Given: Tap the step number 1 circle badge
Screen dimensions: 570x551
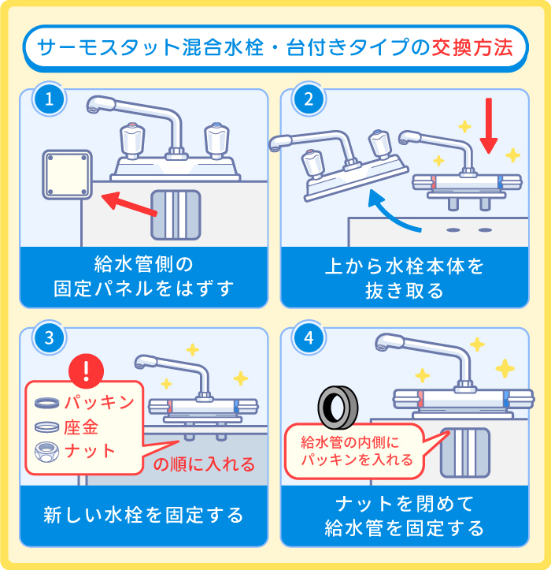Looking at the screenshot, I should [x=49, y=99].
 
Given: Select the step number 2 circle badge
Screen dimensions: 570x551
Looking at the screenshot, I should [x=309, y=99].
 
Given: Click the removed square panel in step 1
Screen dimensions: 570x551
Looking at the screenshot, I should [x=67, y=175].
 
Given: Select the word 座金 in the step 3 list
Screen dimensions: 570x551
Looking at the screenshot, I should [x=82, y=427].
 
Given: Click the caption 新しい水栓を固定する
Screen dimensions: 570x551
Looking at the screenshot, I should [x=143, y=515].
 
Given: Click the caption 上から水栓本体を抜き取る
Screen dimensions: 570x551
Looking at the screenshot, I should [x=405, y=278].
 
